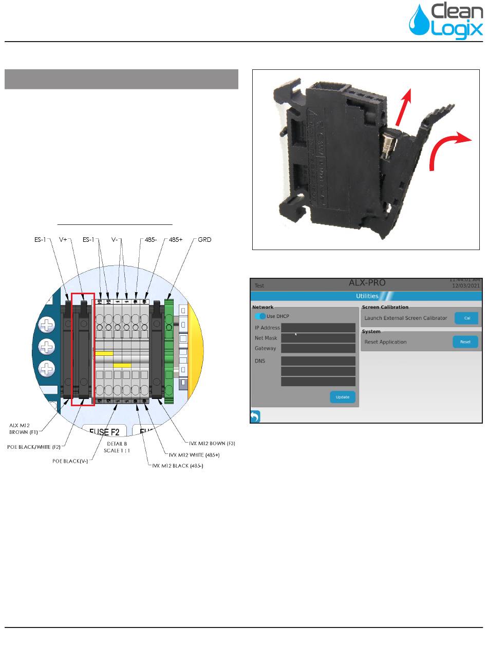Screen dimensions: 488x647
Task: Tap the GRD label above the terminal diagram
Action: [205, 239]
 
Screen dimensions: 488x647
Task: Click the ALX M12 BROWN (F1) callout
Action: [24, 428]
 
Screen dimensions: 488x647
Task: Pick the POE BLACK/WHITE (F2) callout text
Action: [33, 447]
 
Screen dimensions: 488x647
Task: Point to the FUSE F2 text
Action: [108, 432]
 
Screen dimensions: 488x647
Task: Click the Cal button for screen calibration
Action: [467, 318]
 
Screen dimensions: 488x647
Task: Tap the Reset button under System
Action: [465, 342]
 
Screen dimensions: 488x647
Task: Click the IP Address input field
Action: [318, 328]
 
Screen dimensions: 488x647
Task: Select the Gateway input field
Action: [318, 348]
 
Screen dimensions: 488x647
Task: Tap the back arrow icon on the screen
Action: [255, 416]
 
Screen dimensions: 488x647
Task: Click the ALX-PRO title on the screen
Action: [367, 283]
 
